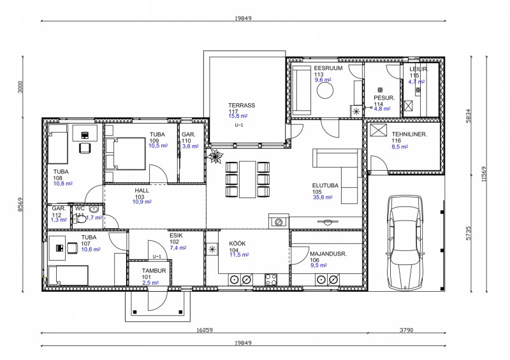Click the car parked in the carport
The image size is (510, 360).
point(405,243)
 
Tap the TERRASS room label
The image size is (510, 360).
point(242,105)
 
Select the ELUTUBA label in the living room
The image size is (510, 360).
point(325,185)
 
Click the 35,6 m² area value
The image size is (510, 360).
point(323,198)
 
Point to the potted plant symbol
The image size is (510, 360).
point(215,155)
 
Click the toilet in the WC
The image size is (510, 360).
point(80,219)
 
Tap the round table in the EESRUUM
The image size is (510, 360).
point(325,90)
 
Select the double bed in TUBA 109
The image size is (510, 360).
point(126,154)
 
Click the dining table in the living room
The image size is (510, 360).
point(247,179)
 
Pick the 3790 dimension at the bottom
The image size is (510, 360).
point(406,330)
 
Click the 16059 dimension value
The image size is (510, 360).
point(205,330)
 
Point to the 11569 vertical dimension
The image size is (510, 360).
point(484,174)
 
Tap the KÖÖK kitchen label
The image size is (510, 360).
point(237,243)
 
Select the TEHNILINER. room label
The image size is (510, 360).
point(409,134)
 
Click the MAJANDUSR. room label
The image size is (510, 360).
point(328,254)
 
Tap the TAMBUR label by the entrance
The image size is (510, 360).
point(154,271)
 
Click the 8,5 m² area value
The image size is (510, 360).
point(400,147)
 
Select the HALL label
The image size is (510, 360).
point(142,191)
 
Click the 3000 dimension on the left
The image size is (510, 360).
point(20,87)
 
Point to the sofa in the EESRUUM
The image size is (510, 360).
point(302,90)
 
